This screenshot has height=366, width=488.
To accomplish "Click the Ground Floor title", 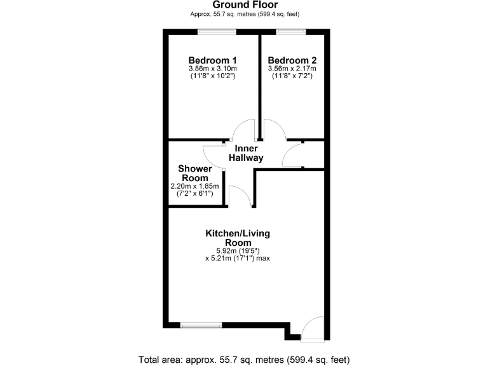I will (245, 4).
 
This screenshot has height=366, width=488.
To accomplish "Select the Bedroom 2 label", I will (293, 60).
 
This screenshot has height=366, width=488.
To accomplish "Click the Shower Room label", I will (194, 173).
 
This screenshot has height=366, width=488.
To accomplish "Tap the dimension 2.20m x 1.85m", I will (194, 186).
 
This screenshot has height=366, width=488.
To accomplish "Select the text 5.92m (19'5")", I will (237, 250).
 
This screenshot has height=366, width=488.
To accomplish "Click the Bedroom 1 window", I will (217, 31).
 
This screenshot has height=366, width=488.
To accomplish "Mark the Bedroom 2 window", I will (290, 31).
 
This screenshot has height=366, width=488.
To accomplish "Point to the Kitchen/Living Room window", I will (201, 326).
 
